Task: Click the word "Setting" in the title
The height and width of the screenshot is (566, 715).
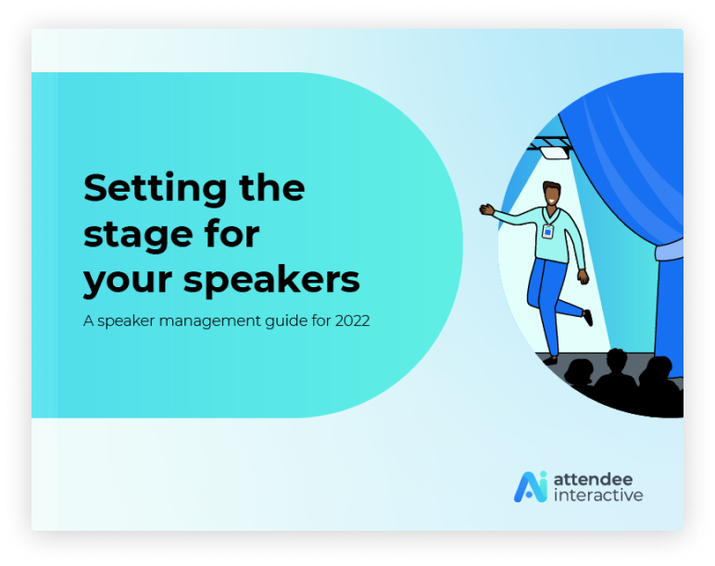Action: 155,189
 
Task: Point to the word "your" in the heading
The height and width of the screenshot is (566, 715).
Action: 128,283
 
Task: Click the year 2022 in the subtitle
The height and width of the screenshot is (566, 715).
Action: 352,321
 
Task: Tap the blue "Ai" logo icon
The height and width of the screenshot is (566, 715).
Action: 531,486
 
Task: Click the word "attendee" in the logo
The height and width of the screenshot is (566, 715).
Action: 593,479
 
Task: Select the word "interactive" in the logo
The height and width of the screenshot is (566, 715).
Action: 598,495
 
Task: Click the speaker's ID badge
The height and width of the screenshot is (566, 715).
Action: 547,232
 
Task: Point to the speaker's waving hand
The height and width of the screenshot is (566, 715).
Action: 487,209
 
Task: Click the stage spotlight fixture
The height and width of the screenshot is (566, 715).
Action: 555,152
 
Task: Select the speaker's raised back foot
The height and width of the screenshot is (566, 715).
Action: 588,318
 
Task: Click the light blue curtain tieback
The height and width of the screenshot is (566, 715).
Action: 669,250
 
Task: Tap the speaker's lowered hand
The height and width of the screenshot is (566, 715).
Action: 583,277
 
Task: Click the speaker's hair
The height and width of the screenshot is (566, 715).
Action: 552,186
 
